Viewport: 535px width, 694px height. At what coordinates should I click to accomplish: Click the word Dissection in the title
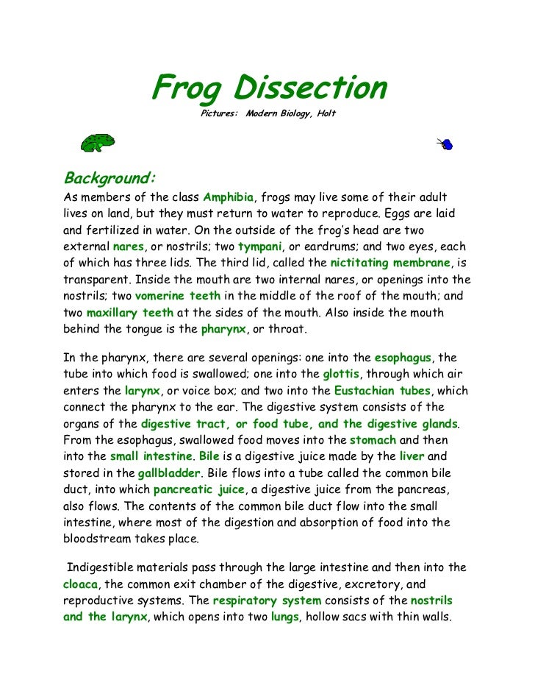pyautogui.click(x=311, y=89)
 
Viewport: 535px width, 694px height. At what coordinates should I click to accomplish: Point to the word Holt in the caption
pyautogui.click(x=326, y=115)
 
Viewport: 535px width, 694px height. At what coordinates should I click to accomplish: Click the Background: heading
pyautogui.click(x=109, y=178)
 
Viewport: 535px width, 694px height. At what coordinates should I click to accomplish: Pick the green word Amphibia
pyautogui.click(x=228, y=198)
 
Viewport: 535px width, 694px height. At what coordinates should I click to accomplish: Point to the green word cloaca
pyautogui.click(x=80, y=584)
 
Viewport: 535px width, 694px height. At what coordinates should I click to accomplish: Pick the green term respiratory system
pyautogui.click(x=266, y=600)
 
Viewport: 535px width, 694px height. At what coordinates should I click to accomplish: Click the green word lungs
pyautogui.click(x=284, y=616)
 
